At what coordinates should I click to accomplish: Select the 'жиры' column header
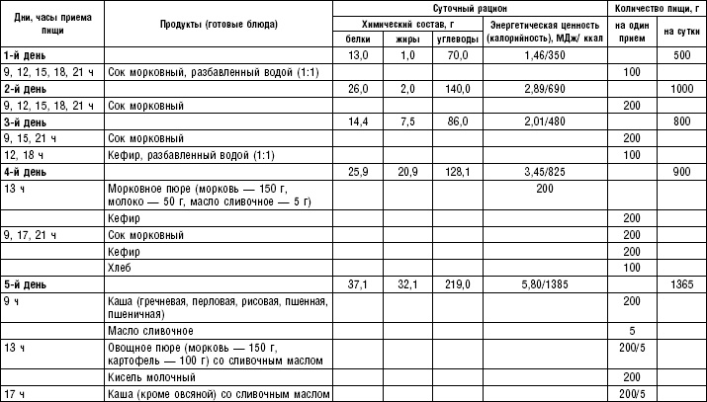(402, 39)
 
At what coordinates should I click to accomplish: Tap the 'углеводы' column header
(456, 39)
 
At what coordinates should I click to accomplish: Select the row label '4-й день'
(25, 171)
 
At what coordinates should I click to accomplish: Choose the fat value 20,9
(402, 171)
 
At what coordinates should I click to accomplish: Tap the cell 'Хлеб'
(119, 267)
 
